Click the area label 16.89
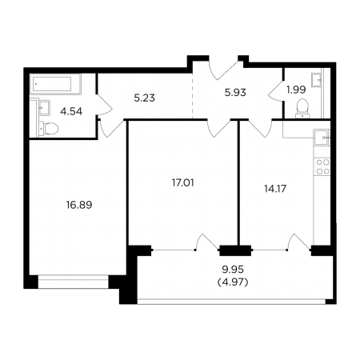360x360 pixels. pyautogui.click(x=79, y=205)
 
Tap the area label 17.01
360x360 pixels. pyautogui.click(x=182, y=183)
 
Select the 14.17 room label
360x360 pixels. pyautogui.click(x=275, y=189)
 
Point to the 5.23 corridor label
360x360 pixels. pyautogui.click(x=144, y=98)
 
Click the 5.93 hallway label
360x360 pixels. pyautogui.click(x=235, y=93)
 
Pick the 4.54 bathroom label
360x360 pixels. pyautogui.click(x=71, y=111)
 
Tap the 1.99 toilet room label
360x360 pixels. pyautogui.click(x=296, y=90)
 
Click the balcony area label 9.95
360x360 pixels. pyautogui.click(x=233, y=270)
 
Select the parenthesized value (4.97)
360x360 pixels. pyautogui.click(x=233, y=282)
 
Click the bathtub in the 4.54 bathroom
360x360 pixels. pyautogui.click(x=55, y=84)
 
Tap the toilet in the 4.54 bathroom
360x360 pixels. pyautogui.click(x=49, y=129)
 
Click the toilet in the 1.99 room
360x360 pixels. pyautogui.click(x=302, y=108)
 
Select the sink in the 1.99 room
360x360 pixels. pyautogui.click(x=316, y=79)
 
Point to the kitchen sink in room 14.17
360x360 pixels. pyautogui.click(x=322, y=138)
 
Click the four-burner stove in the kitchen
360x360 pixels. pyautogui.click(x=322, y=166)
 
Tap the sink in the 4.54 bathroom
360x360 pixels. pyautogui.click(x=45, y=107)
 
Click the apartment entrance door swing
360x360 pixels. pyautogui.click(x=223, y=70)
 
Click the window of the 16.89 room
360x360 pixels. pyautogui.click(x=74, y=282)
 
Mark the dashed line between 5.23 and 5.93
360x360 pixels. pyautogui.click(x=193, y=95)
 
